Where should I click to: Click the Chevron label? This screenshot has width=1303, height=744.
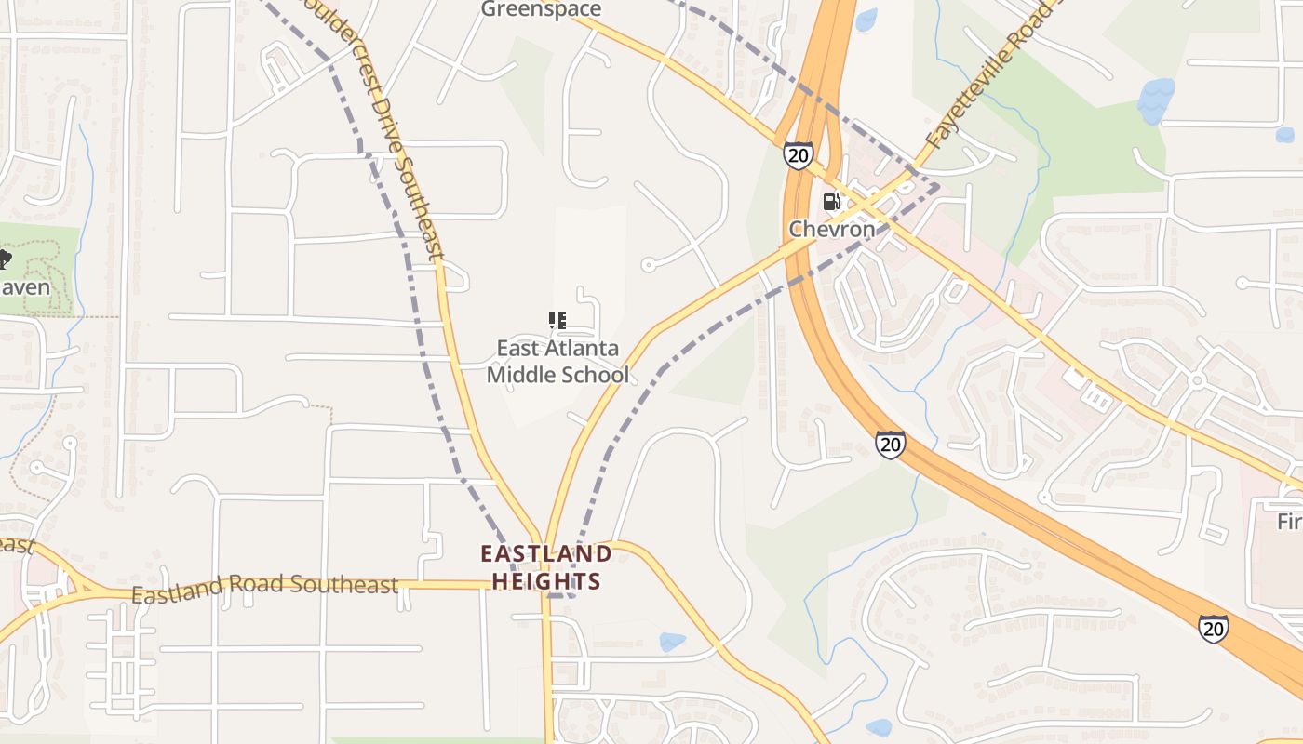coord(832,229)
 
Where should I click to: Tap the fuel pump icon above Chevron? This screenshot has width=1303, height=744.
coord(831,201)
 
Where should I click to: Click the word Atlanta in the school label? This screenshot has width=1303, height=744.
coord(583,349)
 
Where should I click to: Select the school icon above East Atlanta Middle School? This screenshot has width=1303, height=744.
coord(557,322)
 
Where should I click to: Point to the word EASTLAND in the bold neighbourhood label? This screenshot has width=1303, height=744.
coord(546,554)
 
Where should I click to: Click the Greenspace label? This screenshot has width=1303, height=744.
coord(541,9)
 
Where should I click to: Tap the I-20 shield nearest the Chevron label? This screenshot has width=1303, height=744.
coord(798,154)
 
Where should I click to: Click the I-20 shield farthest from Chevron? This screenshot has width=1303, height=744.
coord(1213,629)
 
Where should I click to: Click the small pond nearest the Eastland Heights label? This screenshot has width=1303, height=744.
coord(671,642)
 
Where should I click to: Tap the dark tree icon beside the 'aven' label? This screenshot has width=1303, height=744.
coord(4,259)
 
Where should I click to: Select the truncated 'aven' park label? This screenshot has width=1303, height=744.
coord(25,287)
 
